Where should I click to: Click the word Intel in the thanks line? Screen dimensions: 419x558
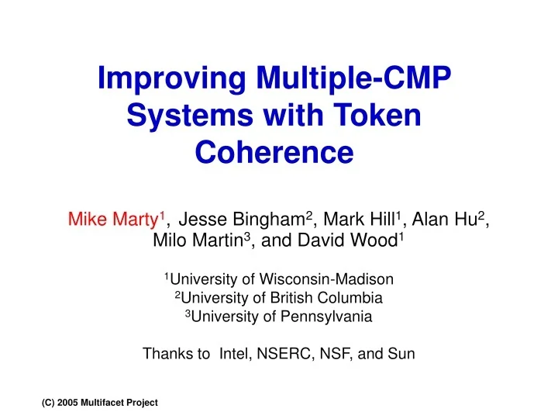point(236,355)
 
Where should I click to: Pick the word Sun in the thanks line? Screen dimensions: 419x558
point(401,355)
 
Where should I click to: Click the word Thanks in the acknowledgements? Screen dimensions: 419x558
point(165,355)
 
